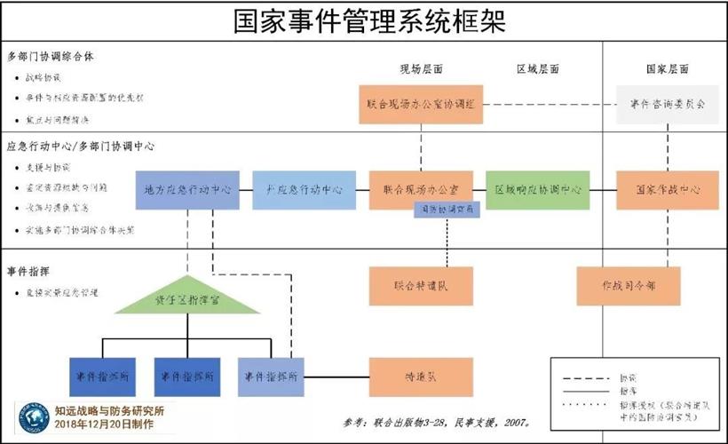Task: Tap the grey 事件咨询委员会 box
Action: [x=667, y=104]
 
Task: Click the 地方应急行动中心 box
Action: [x=187, y=190]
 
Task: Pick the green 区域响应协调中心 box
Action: [x=538, y=190]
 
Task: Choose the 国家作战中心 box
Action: [x=668, y=190]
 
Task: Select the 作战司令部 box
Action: [x=628, y=286]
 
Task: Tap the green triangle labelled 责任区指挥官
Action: [x=187, y=300]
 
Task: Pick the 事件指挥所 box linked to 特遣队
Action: [x=272, y=376]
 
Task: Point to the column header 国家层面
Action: [x=667, y=69]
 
